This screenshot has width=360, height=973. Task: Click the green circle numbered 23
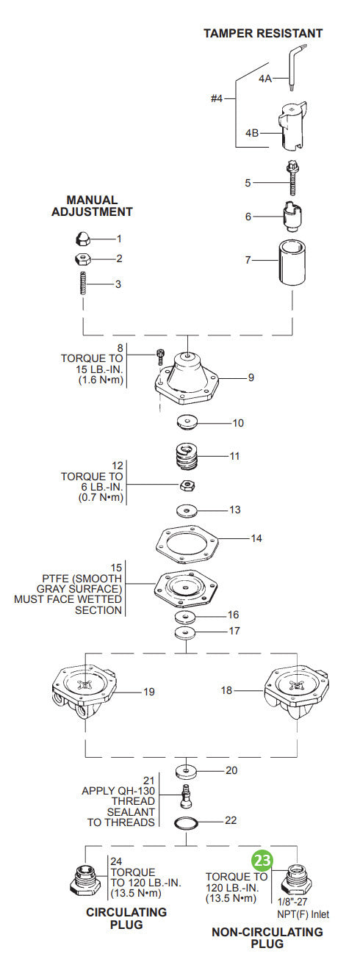(x=262, y=860)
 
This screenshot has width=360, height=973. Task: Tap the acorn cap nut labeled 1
(x=82, y=239)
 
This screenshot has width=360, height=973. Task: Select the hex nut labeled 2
(x=82, y=258)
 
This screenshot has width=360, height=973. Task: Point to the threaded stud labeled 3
(x=82, y=283)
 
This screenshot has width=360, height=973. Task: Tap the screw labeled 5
(x=292, y=178)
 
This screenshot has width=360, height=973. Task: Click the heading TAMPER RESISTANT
(x=262, y=33)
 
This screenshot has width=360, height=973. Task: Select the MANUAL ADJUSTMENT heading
(x=92, y=206)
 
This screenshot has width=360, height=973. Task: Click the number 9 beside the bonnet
(x=251, y=377)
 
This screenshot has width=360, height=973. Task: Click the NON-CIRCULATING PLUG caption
(x=267, y=938)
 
